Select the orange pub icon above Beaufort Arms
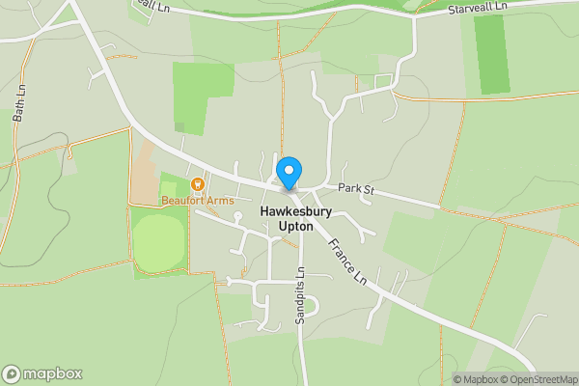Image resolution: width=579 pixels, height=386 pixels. coord(198,183)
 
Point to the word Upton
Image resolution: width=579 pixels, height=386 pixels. coord(296,226)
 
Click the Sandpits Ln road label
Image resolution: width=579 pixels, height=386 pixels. coord(300,302)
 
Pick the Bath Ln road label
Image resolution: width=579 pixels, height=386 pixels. coord(18,101)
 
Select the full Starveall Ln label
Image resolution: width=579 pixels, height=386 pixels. coord(482,10)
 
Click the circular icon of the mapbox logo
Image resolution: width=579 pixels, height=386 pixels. coord(12,374)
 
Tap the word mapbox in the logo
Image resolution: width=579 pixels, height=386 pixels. coord(52,374)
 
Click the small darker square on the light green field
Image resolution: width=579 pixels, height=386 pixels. coord(179,126)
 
